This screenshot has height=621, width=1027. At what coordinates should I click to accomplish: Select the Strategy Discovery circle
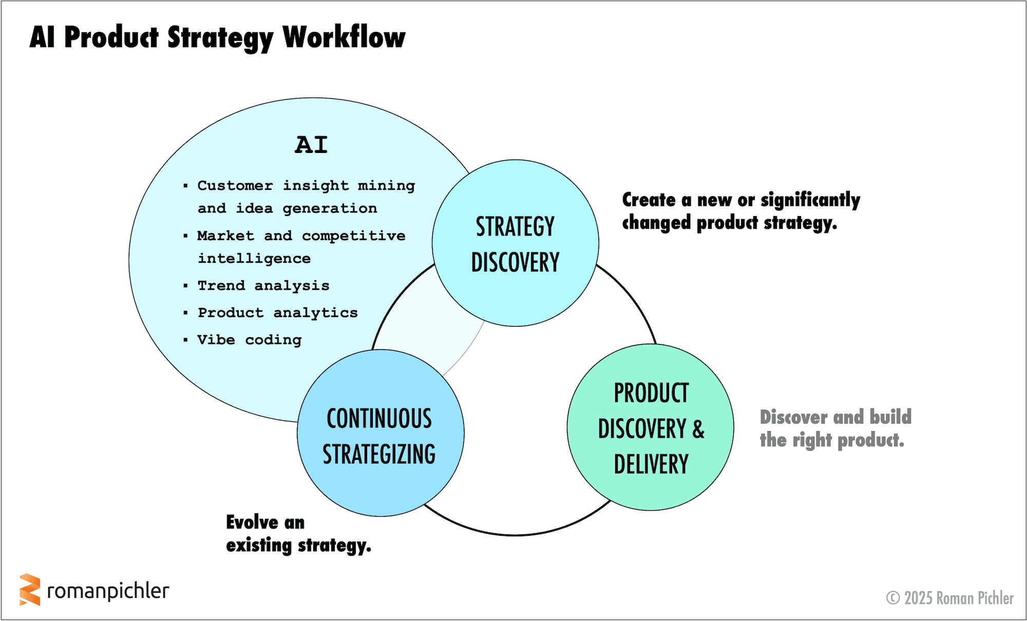(x=515, y=243)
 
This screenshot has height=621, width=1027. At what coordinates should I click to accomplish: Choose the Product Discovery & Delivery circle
(x=650, y=428)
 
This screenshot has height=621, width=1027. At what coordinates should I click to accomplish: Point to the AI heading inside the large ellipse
(x=311, y=145)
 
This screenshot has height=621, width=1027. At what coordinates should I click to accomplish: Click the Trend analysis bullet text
(x=263, y=286)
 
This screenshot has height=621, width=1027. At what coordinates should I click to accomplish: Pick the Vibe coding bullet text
(x=250, y=340)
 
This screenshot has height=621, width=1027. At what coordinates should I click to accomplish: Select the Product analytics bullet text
(x=278, y=313)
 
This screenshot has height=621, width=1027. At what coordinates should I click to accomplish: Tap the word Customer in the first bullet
(x=235, y=185)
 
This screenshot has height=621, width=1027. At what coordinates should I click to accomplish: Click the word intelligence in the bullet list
(x=254, y=259)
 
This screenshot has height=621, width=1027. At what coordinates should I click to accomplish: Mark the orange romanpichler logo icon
(x=30, y=590)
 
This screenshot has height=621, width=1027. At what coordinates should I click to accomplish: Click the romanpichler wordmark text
(x=108, y=591)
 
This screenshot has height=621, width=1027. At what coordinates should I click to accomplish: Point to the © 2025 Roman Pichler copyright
(x=950, y=598)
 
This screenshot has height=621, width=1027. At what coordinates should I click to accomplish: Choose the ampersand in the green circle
(x=698, y=429)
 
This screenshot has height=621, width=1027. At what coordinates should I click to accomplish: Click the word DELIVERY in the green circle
(x=651, y=464)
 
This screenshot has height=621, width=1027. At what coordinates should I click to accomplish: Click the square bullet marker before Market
(x=185, y=236)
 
